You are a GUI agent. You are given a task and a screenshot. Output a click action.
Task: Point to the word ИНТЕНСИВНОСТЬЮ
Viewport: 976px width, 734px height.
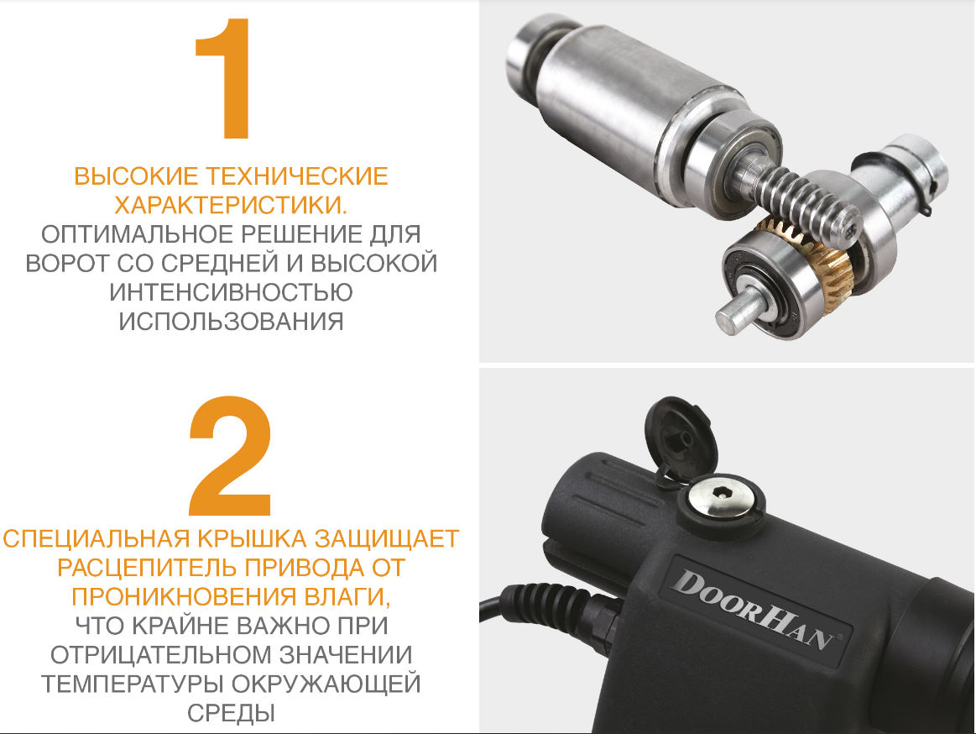231,292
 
